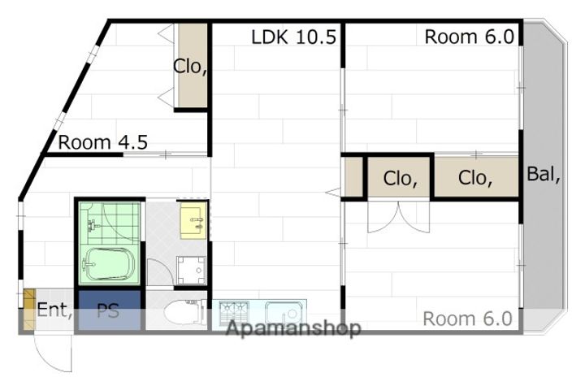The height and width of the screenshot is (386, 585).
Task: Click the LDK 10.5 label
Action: click(293, 37)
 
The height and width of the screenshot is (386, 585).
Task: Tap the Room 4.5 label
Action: click(103, 142)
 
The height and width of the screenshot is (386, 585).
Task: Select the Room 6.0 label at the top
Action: click(470, 37)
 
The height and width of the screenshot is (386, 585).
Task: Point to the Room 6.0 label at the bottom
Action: click(467, 319)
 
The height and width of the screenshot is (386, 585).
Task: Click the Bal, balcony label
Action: click(544, 174)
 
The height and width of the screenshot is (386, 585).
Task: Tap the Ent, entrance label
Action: click(54, 310)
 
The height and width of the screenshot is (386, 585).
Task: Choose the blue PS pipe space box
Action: click(110, 310)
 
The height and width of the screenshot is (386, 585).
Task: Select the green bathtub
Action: click(108, 264)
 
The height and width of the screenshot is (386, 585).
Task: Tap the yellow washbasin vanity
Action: click(193, 220)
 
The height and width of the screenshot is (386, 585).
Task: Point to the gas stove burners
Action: click(234, 310)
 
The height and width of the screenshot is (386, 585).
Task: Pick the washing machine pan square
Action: click(191, 271)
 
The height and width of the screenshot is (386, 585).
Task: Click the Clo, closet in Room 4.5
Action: click(192, 65)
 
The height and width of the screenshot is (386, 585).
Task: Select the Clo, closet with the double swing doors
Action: click(399, 177)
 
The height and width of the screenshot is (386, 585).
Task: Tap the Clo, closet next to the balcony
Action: click(476, 176)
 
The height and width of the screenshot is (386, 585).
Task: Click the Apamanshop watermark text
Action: click(293, 328)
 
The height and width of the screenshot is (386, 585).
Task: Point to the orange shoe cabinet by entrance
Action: click(29, 310)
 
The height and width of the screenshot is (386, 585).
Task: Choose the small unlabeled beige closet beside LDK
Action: click(352, 177)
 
